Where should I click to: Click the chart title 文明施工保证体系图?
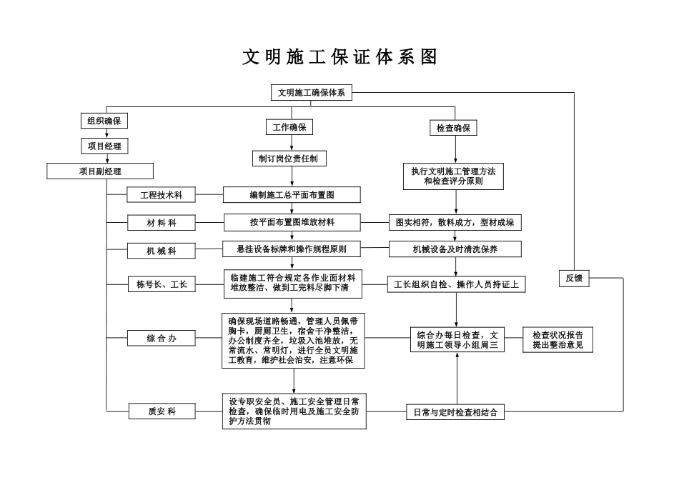tap(339, 58)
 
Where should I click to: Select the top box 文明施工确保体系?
tap(312, 93)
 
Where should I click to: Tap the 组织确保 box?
tap(104, 121)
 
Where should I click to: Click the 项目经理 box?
tap(104, 146)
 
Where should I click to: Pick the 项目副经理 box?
tap(100, 171)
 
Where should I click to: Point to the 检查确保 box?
tap(453, 128)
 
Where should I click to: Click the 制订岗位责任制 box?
tap(289, 158)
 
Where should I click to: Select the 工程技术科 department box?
tap(161, 194)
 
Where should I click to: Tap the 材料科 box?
tap(162, 223)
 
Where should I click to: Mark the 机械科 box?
tap(162, 251)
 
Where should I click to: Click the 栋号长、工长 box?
tap(162, 284)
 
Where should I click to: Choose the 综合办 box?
tap(162, 338)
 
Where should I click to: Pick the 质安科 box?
tap(162, 411)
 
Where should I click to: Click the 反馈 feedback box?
tap(574, 279)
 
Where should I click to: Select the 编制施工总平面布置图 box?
tap(292, 194)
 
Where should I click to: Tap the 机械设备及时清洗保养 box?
tap(455, 249)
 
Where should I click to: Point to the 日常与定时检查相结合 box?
tap(455, 411)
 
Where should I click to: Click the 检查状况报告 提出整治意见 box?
tap(557, 339)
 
